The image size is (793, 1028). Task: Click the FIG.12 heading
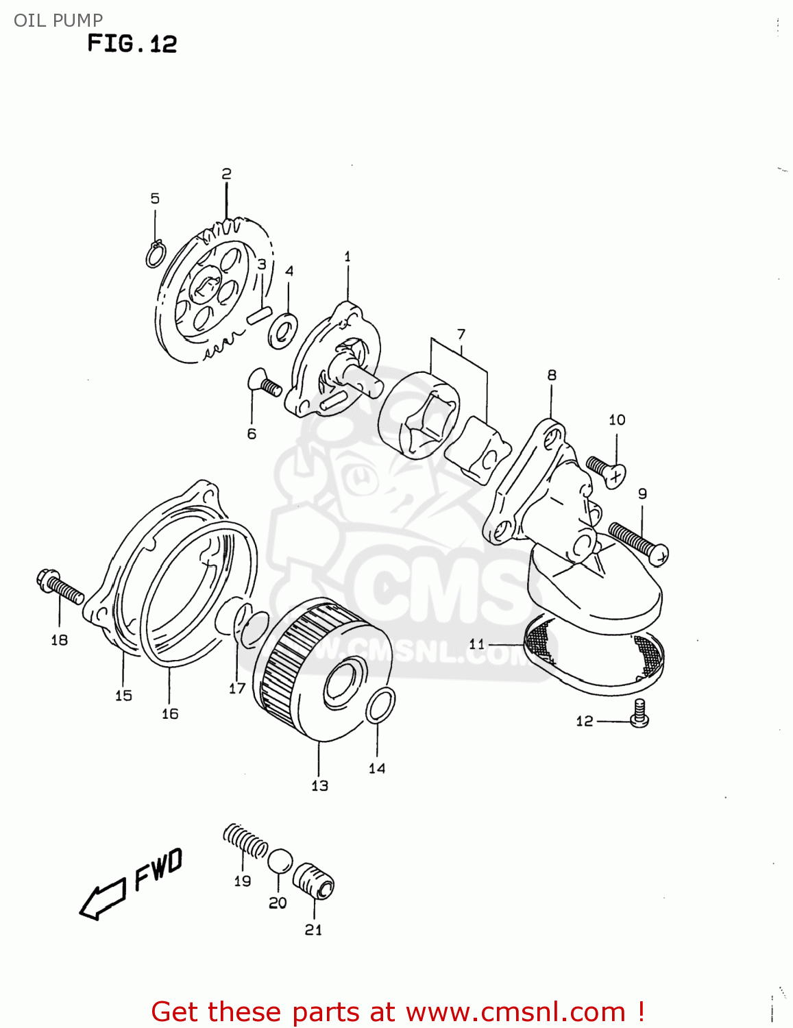[132, 44]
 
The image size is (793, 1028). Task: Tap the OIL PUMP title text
[58, 20]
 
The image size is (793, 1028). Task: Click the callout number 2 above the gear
[226, 174]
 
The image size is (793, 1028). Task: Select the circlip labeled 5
[156, 254]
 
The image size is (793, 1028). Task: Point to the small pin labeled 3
[258, 316]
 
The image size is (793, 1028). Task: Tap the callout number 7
[461, 334]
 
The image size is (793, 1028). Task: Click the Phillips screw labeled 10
[606, 471]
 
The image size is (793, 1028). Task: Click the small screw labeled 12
[639, 713]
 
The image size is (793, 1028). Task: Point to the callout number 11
[477, 644]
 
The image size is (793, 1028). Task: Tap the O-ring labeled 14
[380, 706]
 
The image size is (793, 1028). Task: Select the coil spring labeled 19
[245, 842]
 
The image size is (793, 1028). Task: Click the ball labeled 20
[280, 861]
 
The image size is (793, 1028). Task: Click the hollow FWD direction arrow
[103, 897]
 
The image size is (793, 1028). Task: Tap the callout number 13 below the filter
[320, 785]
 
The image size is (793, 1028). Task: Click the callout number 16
[170, 713]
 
